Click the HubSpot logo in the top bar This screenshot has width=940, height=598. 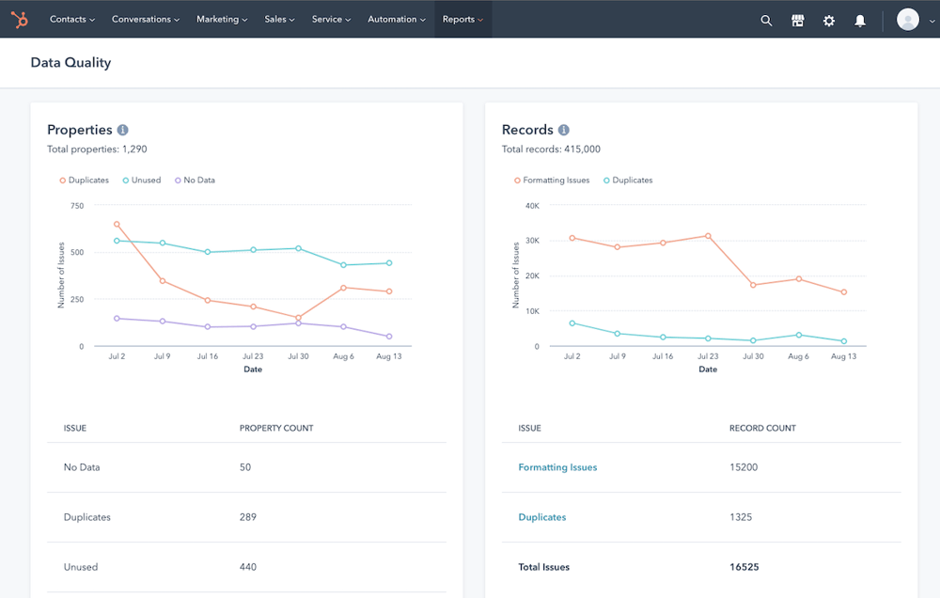[x=20, y=19]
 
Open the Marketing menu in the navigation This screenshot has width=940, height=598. [x=222, y=19]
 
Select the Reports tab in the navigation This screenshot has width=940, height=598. [x=462, y=19]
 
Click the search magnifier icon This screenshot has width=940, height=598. [x=766, y=20]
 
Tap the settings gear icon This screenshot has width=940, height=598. [x=829, y=20]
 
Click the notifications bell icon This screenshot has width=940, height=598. [x=860, y=20]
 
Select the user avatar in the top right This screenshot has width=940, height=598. [x=908, y=19]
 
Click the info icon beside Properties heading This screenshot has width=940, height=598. [x=122, y=130]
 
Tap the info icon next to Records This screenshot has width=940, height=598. [x=564, y=130]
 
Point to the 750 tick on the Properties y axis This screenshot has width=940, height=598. [x=76, y=205]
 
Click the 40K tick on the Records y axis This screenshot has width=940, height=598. [x=532, y=205]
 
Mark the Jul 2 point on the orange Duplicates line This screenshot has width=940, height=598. [x=117, y=224]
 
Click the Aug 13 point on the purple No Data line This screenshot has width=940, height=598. [x=389, y=337]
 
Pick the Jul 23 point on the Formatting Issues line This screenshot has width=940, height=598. [x=708, y=236]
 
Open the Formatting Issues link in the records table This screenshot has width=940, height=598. [x=557, y=467]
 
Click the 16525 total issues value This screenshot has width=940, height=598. [x=744, y=567]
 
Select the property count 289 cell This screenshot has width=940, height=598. [x=248, y=517]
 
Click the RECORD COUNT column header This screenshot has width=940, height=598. [x=762, y=428]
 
